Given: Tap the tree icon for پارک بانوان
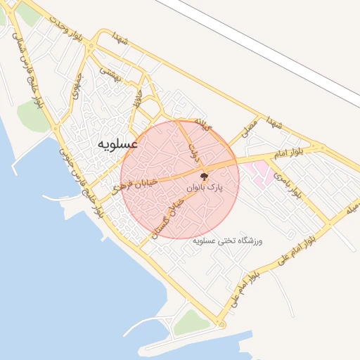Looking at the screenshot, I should [204, 176].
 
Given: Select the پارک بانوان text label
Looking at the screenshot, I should [205, 188].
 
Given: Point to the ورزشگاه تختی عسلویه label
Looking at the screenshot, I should [226, 241].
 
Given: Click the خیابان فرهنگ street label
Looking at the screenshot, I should [135, 185].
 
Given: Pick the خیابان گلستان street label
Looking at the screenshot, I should [166, 214].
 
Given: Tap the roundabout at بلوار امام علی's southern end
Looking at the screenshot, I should [221, 324].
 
